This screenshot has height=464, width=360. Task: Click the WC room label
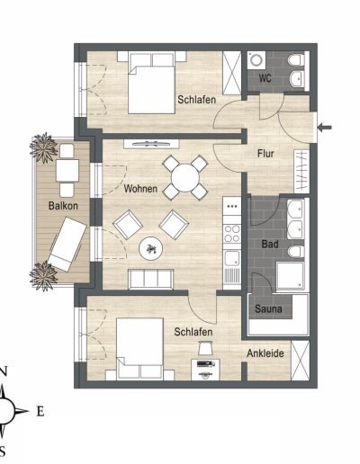pos(265,78)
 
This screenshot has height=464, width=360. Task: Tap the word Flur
pos(265,154)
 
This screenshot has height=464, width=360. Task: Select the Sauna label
pos(268,308)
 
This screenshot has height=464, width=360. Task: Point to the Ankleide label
pos(265,353)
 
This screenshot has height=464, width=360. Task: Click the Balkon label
pos(63,206)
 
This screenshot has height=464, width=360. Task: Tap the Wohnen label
pos(140,189)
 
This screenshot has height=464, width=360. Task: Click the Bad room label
pos(270,244)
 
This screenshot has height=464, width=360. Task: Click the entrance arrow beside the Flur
pos(325,128)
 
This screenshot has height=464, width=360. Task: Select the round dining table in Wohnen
pos(185,178)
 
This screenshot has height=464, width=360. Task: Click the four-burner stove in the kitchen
pos(232,234)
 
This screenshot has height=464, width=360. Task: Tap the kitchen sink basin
pos(232,258)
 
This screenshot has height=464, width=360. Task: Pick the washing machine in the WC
pos(256,60)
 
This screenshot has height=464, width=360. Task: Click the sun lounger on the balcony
pos(67,244)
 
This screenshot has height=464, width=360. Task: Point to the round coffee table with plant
pos(151,248)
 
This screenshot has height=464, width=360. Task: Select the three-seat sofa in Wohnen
pos(151,280)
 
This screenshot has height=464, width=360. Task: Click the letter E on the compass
pos(40,411)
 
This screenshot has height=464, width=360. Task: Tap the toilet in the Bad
pos(296,252)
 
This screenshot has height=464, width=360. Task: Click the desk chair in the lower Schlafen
pos(205,348)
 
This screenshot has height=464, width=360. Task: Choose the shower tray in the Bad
pos(291,276)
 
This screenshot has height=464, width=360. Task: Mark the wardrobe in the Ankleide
pos(300,361)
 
